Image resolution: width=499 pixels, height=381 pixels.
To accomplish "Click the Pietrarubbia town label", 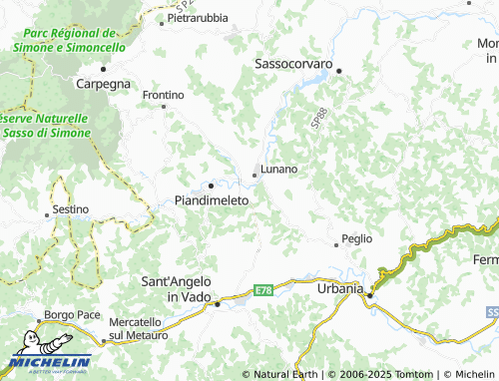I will coord(198,18).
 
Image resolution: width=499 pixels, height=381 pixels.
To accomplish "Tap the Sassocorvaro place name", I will coord(293,63).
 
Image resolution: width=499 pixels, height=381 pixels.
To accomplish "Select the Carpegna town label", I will coord(104,84).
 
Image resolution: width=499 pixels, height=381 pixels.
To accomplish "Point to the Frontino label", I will coord(165,95).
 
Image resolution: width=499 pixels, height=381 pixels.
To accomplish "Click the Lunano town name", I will coord(278,169).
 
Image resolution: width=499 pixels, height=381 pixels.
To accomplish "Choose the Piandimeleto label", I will coord(212,199).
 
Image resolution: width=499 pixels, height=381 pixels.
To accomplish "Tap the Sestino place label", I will coord(70,208).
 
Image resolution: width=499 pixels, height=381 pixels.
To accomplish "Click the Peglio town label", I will coord(356,238).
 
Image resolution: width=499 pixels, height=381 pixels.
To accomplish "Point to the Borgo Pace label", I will coord(73,315).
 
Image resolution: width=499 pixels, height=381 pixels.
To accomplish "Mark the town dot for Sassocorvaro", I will coord(339,71).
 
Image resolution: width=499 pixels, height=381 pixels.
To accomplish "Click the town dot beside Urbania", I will coord(369,295).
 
